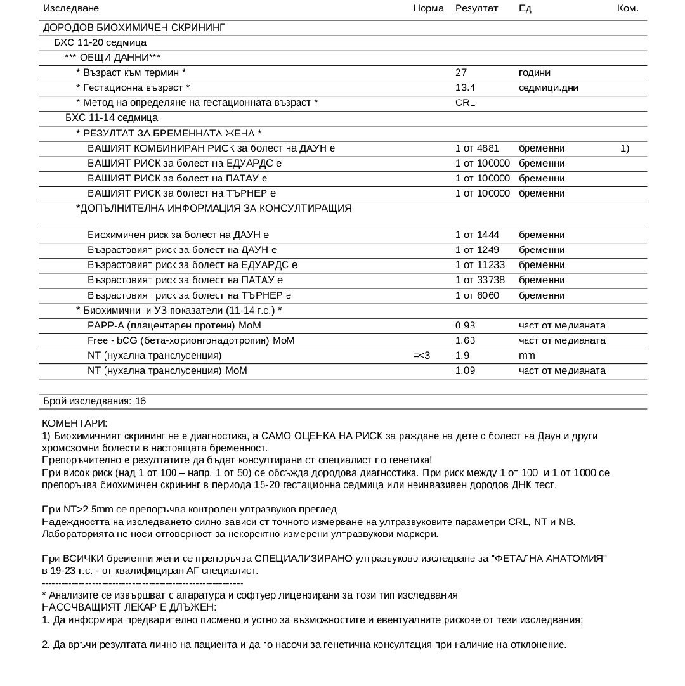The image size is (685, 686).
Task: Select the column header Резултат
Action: click(476, 8)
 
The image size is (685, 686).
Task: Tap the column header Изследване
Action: click(71, 8)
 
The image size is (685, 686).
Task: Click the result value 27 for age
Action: click(461, 73)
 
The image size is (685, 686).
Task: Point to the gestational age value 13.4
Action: click(465, 87)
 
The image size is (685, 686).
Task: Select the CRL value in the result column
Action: click(465, 103)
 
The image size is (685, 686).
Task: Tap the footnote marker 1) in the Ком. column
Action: click(625, 148)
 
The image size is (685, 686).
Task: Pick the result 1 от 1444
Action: click(477, 235)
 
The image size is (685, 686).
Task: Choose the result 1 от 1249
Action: click(477, 250)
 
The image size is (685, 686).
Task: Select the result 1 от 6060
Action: click(477, 295)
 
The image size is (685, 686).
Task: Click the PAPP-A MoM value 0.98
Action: click(465, 325)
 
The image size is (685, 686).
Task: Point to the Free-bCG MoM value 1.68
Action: click(465, 340)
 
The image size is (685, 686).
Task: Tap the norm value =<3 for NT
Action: click(421, 356)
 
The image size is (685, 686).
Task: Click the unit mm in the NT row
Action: click(526, 356)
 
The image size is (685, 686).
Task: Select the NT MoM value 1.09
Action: click(465, 371)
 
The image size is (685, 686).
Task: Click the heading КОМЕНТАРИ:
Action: click(74, 423)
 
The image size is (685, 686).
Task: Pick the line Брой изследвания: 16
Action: click(95, 401)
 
